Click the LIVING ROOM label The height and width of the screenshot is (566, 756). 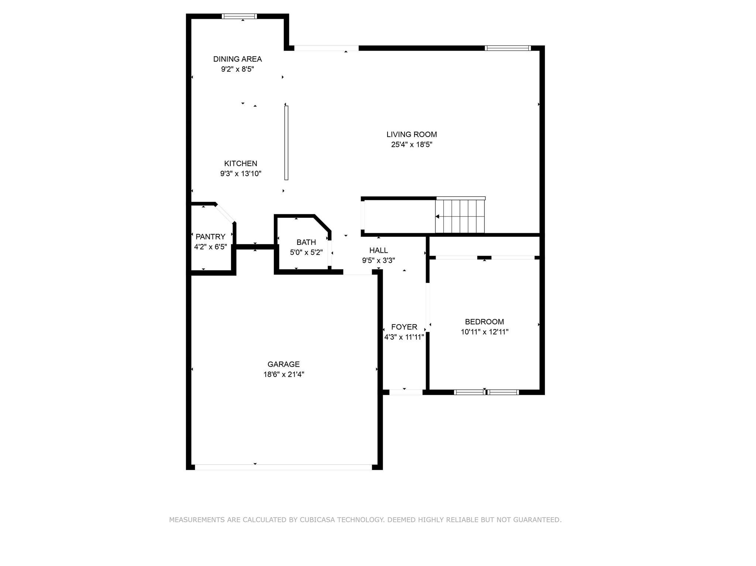point(412,135)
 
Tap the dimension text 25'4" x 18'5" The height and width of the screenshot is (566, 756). point(412,145)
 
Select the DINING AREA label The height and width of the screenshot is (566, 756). point(237,59)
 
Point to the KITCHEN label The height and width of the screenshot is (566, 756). point(241,163)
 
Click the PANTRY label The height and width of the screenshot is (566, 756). point(210,237)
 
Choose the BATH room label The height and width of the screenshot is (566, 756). point(306,242)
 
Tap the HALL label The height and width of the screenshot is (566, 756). point(378,251)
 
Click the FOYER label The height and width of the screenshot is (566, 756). point(404,327)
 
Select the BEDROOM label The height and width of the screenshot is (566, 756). point(484,322)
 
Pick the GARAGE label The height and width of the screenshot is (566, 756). point(283,365)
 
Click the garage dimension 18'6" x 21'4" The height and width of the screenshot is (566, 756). point(283,375)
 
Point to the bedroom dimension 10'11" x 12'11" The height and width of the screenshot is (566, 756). point(484,332)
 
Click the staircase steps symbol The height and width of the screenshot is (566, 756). point(460,216)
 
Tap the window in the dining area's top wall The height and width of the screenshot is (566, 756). point(239,16)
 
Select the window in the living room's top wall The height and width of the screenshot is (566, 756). point(508,48)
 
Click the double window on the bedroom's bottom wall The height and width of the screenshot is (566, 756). point(486,392)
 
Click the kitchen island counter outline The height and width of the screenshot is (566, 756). point(286,143)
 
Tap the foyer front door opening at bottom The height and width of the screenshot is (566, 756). point(406,392)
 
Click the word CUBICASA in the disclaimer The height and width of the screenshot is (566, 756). point(317,520)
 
